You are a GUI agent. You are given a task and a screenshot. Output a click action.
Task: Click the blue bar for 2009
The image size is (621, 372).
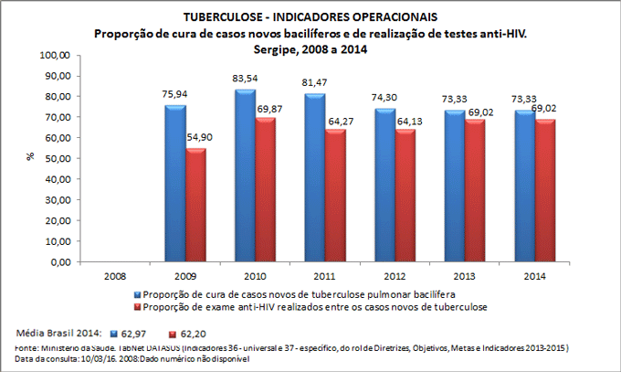pos(174,183)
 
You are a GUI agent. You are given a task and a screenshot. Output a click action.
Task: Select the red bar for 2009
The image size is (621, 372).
pos(195,205)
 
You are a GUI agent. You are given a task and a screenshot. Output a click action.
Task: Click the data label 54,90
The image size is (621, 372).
pos(198,138)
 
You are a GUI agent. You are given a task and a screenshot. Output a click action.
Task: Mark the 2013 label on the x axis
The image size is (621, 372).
pos(464,273)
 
